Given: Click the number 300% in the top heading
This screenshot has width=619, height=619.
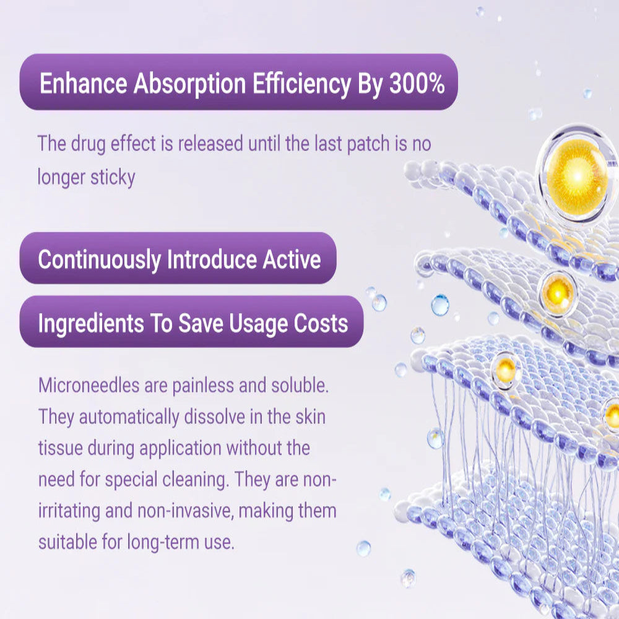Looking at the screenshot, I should coord(417,84).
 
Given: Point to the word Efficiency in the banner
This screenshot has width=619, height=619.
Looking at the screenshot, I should coord(305,84).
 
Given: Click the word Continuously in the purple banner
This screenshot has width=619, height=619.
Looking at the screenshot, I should coord(99,259).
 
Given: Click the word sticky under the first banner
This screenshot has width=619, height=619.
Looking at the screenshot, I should coord(112,178).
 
